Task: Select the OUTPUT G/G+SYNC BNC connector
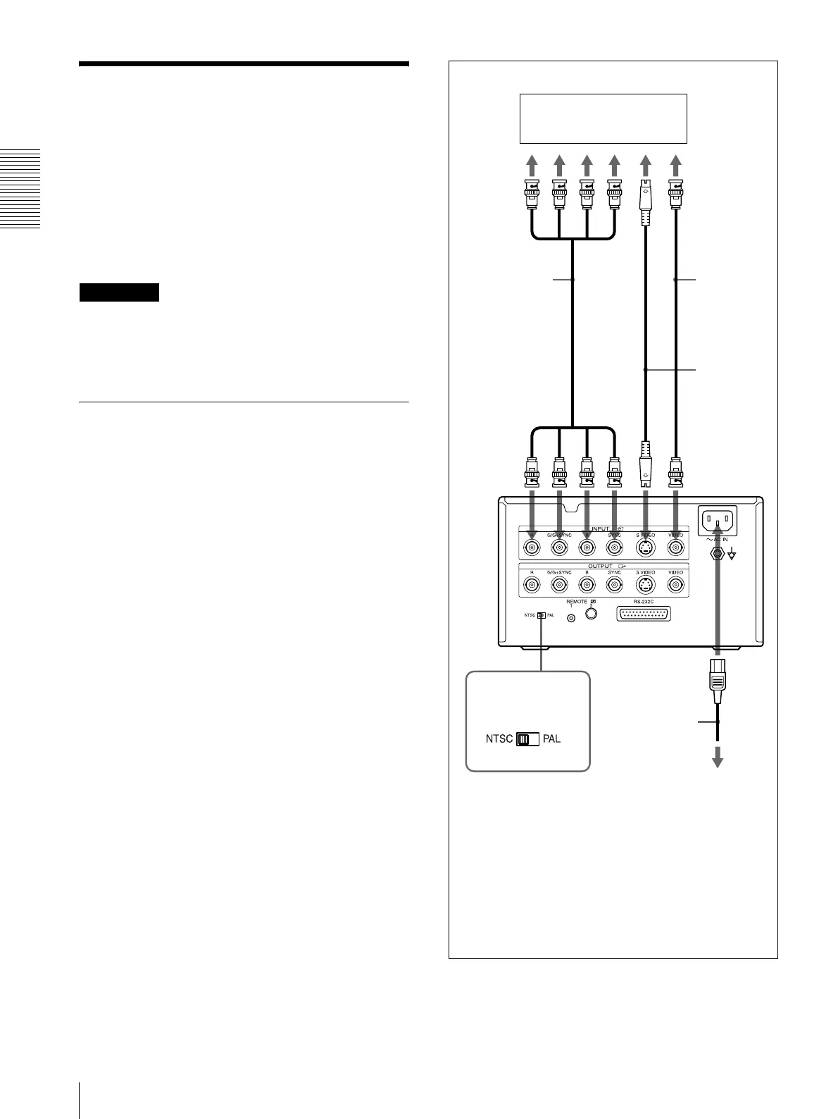coord(560,585)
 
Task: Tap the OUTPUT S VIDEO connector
coord(645,585)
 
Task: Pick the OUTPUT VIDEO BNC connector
coord(676,585)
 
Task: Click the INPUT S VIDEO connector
coord(645,548)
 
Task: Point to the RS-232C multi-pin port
coord(643,614)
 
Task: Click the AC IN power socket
coord(717,522)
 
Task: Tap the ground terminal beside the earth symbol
coord(718,553)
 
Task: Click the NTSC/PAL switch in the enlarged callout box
coord(527,740)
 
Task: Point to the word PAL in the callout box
coord(551,740)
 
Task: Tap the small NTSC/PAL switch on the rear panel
coord(541,615)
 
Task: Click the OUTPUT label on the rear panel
coord(601,565)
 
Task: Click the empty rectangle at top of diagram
coord(602,118)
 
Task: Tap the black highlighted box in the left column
coord(120,292)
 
